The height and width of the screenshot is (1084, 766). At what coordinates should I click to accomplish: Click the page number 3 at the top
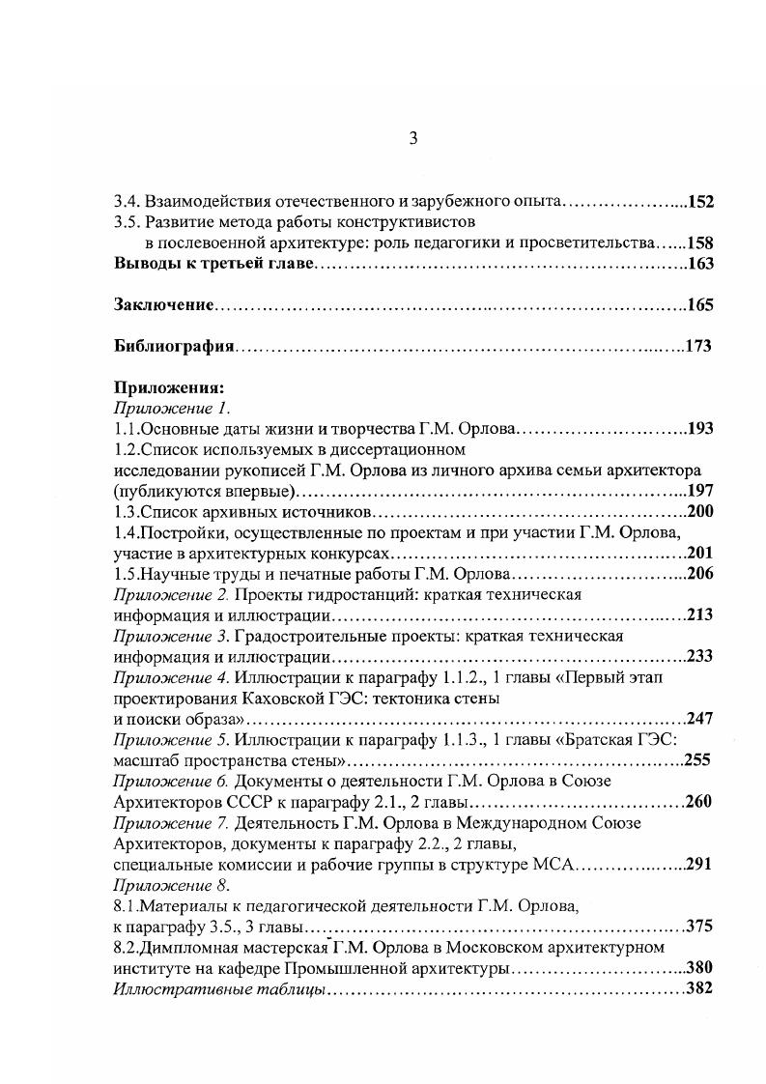point(412,139)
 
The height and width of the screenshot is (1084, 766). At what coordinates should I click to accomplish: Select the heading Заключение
point(163,305)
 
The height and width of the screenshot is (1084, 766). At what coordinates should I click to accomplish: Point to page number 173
point(698,347)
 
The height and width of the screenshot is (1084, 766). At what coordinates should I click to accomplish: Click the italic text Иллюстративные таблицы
point(219,989)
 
